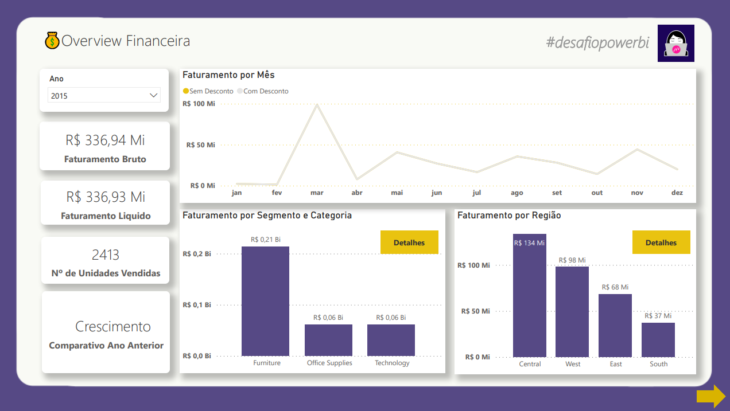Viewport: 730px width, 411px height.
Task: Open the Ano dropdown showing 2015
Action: tap(104, 95)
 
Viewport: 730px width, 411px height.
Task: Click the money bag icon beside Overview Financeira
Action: tap(52, 41)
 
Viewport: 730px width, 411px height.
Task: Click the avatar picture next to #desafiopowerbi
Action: tap(675, 44)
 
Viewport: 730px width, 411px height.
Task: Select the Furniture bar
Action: tap(265, 301)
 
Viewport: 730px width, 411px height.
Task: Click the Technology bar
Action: tap(391, 340)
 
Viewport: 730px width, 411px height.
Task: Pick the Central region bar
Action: tap(529, 295)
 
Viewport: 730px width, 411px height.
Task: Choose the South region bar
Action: tap(658, 340)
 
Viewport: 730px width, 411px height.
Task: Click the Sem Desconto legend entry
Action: tap(208, 91)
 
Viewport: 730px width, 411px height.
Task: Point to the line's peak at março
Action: tap(317, 105)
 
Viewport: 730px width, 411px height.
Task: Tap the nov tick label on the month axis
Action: tap(637, 193)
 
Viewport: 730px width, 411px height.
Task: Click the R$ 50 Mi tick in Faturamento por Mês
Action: tap(200, 145)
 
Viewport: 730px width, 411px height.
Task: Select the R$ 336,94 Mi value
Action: tap(105, 140)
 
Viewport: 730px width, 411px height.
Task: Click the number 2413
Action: tap(106, 255)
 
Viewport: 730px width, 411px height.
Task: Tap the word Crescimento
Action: tap(113, 327)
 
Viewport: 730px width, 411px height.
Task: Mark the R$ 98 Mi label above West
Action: tap(572, 260)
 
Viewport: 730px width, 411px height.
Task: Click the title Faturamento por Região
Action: tap(509, 216)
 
